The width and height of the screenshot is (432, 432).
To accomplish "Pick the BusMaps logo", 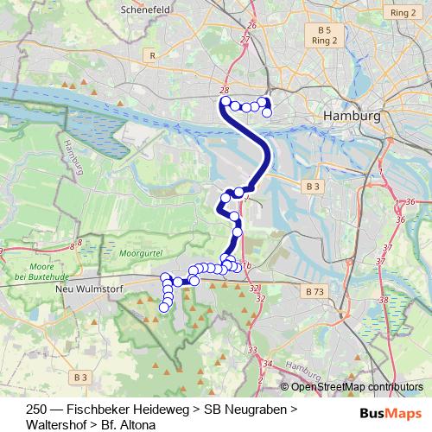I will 390,412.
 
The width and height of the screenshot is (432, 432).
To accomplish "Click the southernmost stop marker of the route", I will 162,307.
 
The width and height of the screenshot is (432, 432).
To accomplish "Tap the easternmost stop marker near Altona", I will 267,112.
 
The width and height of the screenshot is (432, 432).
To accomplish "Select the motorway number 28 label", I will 225,90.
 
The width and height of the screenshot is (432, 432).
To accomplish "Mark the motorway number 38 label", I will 383,300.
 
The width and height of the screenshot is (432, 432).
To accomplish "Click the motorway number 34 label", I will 268,364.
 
